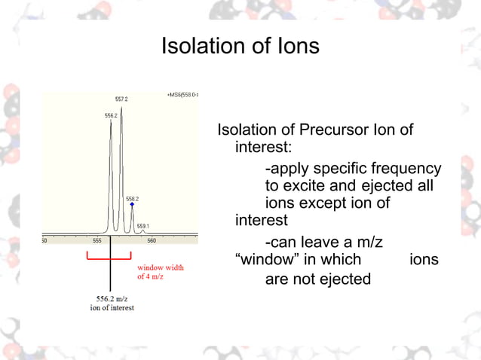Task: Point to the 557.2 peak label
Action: click(121, 99)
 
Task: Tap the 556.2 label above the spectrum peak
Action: click(111, 115)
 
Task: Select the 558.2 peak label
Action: click(132, 199)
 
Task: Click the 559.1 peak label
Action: click(142, 226)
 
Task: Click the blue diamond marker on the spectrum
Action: click(132, 204)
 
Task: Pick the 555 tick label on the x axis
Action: click(97, 240)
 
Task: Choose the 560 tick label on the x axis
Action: click(152, 240)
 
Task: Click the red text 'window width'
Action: click(160, 267)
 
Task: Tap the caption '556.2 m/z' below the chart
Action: click(110, 299)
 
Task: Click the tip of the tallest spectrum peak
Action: click(121, 107)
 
